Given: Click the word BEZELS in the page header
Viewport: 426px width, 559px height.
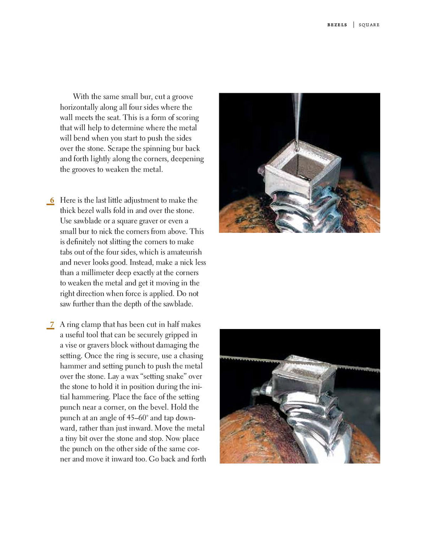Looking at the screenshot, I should click(337, 25).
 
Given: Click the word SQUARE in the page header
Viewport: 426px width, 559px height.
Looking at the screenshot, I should click(369, 25).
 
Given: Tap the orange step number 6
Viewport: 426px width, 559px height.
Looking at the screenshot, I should click(52, 200).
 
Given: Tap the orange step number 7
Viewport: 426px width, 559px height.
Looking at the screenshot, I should click(52, 325).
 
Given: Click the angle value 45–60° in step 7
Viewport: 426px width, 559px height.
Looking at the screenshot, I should click(137, 418).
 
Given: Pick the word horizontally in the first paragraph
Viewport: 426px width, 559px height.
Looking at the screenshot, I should click(80, 107).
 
